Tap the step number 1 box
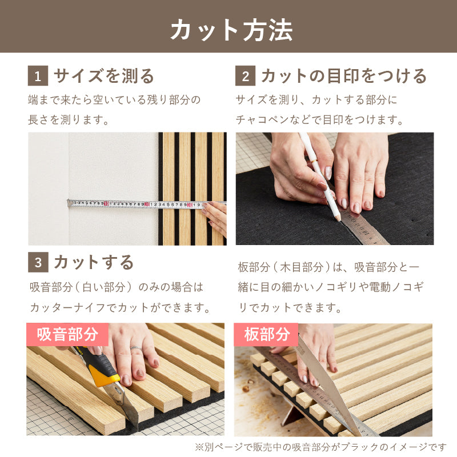(38, 76)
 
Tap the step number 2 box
(245, 76)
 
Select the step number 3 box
(38, 262)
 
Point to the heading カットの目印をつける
(343, 76)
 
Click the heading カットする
(94, 262)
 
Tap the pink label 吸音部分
(67, 334)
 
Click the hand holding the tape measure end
(216, 217)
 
